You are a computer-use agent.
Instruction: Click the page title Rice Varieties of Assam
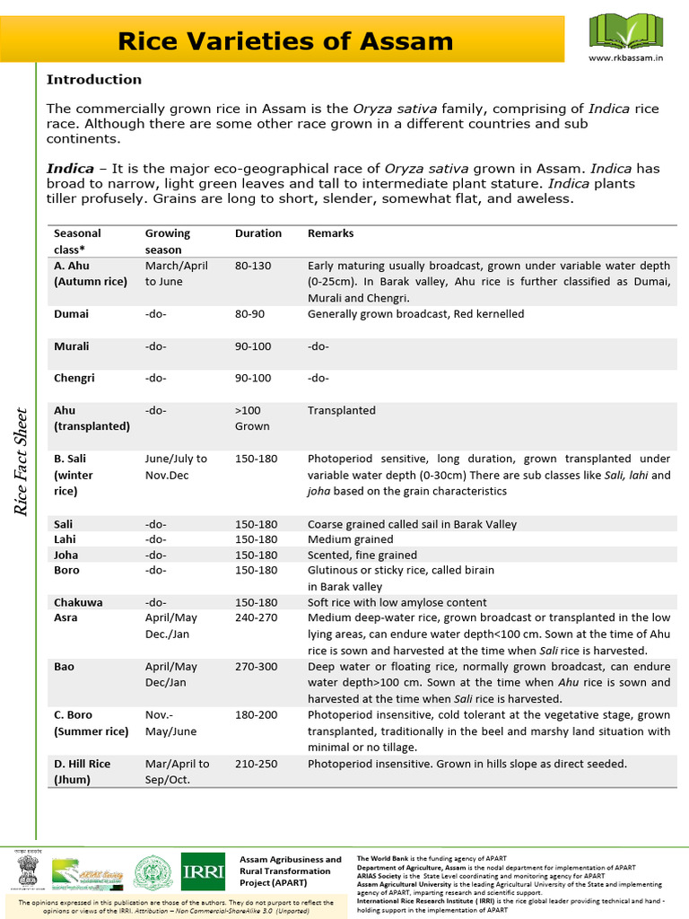(x=286, y=40)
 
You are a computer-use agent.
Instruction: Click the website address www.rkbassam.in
(x=624, y=57)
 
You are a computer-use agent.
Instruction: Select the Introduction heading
(x=93, y=79)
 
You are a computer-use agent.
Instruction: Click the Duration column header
(x=258, y=233)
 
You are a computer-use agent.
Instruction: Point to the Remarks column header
(x=330, y=233)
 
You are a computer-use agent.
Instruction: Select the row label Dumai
(x=71, y=314)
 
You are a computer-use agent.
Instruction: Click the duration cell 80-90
(x=252, y=314)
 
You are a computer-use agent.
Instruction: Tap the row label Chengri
(x=74, y=378)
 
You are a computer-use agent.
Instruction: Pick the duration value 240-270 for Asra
(x=257, y=617)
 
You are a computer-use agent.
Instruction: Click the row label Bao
(x=65, y=667)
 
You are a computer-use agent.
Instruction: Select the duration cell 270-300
(x=257, y=667)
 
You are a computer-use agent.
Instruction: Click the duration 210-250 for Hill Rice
(x=257, y=764)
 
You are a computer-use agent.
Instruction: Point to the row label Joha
(x=66, y=555)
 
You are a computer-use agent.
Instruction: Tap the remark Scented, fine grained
(x=362, y=555)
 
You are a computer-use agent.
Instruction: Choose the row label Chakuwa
(x=78, y=602)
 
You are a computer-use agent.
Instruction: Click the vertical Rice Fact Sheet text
(x=22, y=462)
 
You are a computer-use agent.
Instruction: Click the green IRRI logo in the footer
(x=203, y=871)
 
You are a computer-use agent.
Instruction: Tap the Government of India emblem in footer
(x=27, y=871)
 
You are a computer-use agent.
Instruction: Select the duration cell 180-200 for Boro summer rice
(x=257, y=715)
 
